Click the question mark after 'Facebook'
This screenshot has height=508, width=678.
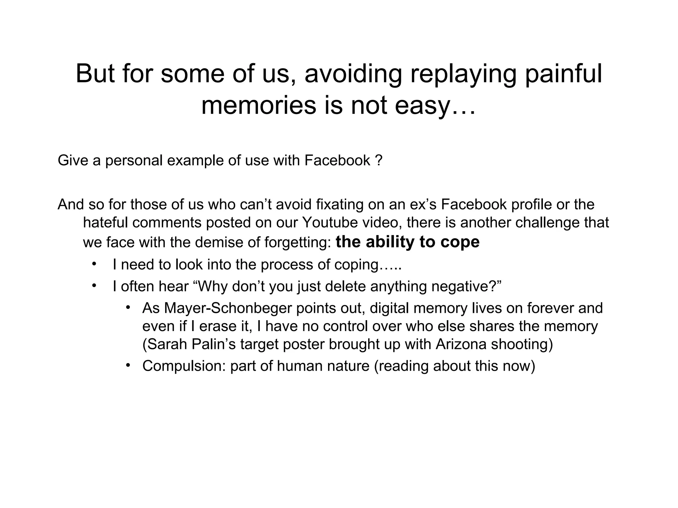click(x=379, y=161)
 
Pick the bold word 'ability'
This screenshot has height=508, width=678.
click(x=391, y=242)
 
